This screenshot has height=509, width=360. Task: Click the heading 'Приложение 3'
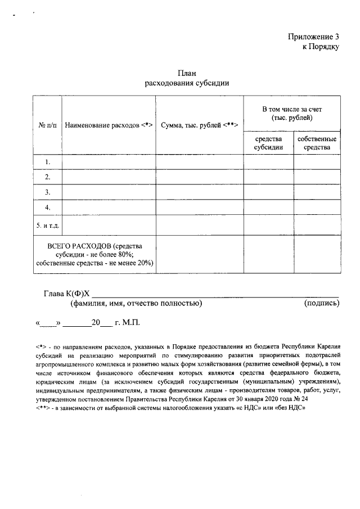point(313,37)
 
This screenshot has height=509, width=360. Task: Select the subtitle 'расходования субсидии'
point(187,83)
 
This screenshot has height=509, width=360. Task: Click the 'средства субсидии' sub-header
point(268,143)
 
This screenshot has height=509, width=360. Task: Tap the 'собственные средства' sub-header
point(317,143)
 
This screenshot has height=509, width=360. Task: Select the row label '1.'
point(48,162)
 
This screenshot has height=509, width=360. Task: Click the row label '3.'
point(48,192)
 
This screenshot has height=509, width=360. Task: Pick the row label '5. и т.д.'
point(48,226)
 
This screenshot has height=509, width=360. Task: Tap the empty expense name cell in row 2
point(109,177)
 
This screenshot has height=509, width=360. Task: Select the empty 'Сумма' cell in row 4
point(200,208)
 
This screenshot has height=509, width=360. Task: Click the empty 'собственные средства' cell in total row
point(317,254)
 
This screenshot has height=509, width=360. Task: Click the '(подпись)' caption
point(321,304)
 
